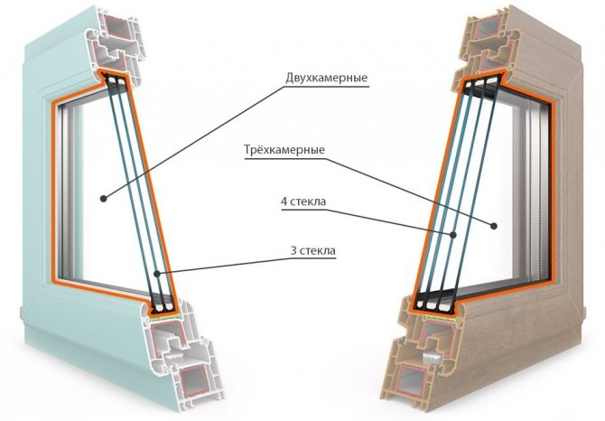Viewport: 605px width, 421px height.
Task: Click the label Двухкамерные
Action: point(326,78)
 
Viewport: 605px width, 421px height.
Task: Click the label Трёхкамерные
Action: point(284,149)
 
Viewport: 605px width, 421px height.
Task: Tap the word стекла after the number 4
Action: point(308,201)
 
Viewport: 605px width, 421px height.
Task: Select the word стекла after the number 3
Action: point(317,251)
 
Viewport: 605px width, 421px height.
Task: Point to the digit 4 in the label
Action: point(284,201)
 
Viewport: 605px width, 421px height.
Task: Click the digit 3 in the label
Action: point(293,251)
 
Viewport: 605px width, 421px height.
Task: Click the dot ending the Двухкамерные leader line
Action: point(103,199)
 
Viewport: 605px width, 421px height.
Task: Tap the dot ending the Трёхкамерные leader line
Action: point(494,226)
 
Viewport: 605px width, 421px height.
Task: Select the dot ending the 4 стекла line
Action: point(453,235)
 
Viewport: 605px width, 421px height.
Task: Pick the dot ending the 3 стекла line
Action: point(156,274)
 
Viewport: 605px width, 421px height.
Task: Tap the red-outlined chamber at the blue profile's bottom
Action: point(193,383)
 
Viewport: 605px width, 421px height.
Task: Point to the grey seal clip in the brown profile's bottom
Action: point(431,358)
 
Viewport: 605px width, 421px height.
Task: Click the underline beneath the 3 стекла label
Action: point(312,258)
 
